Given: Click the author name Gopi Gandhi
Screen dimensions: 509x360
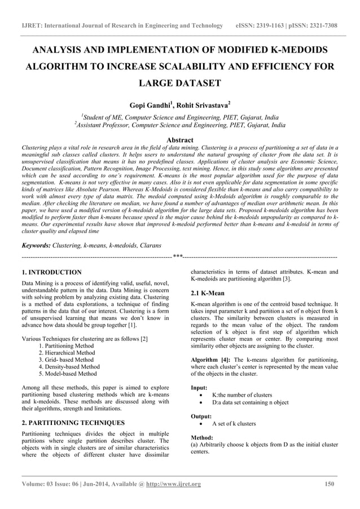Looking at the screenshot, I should coord(151,106).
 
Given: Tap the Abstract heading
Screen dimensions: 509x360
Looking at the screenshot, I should coord(180,140).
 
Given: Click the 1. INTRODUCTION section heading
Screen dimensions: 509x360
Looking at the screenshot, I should coord(51,272).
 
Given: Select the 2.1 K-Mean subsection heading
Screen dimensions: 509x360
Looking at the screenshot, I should coord(208,293).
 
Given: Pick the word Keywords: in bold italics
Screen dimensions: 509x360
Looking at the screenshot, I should coord(36,245).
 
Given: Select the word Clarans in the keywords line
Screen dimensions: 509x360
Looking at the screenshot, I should coord(148,245).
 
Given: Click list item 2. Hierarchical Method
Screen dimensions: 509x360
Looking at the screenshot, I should coord(67,353).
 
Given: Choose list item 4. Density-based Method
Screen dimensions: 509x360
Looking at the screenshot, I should coord(69,366).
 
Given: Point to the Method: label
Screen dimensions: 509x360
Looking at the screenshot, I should coord(202,437).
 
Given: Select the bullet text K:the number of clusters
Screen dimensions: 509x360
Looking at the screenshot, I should coord(242,395).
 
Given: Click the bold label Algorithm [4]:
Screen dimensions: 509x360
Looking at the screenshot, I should coord(211,359).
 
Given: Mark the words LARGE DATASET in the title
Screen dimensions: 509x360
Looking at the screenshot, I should coord(180,83).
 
